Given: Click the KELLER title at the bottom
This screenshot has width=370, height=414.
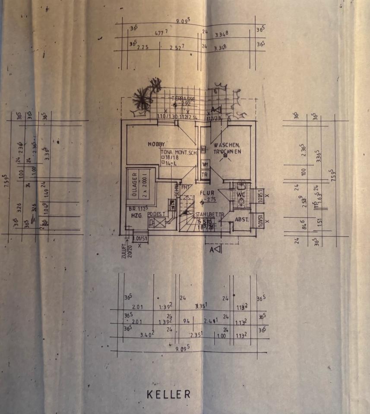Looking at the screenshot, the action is [x=168, y=394].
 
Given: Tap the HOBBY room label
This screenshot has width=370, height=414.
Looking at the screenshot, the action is [x=156, y=144].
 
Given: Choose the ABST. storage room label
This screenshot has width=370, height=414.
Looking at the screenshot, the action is [x=242, y=219].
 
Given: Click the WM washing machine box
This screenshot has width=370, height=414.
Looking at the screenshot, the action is [x=205, y=164].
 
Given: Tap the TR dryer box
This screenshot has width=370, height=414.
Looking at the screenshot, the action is [x=205, y=175].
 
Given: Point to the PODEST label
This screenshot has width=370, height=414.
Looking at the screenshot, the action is [x=155, y=213].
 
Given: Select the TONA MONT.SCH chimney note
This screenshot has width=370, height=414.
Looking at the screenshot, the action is [x=179, y=152].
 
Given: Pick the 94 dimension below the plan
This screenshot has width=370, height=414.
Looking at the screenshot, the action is [x=187, y=321].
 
